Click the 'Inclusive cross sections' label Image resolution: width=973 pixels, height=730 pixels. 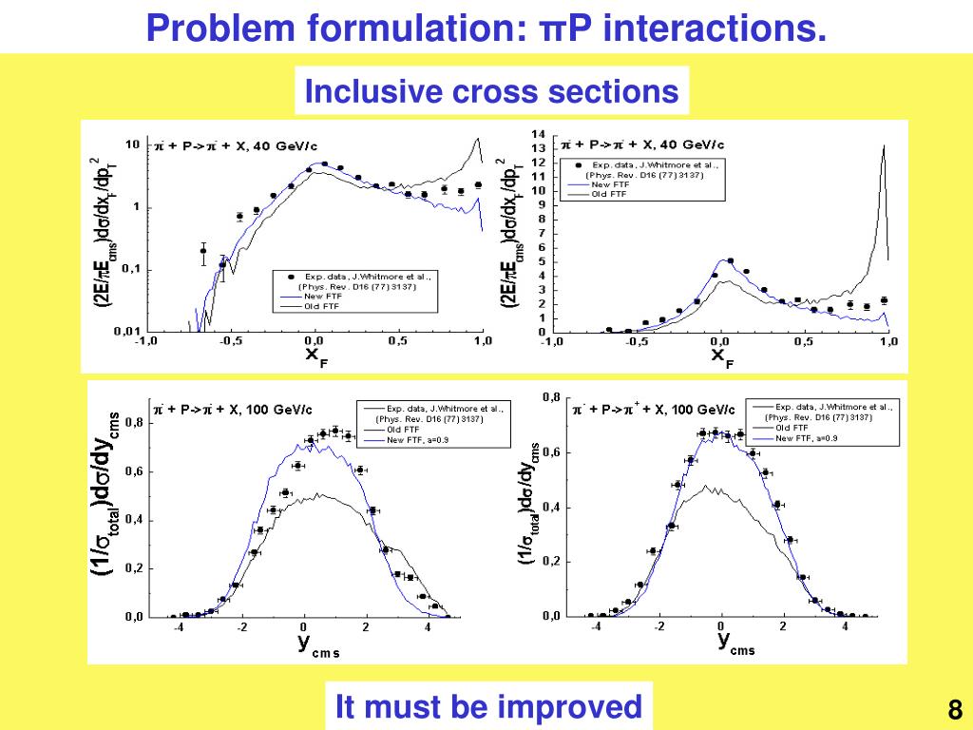(x=491, y=91)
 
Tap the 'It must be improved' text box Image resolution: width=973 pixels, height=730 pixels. (x=489, y=707)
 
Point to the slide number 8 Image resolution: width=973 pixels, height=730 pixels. (x=955, y=709)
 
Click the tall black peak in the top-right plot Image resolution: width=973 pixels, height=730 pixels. (x=884, y=152)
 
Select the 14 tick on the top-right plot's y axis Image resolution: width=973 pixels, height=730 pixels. (x=539, y=134)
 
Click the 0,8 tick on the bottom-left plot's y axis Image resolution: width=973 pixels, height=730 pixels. (x=133, y=424)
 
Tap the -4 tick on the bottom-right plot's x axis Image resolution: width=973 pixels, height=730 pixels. (x=596, y=626)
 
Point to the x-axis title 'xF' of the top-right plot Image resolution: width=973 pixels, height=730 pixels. (x=720, y=356)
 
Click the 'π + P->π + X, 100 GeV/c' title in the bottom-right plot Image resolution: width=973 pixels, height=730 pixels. (x=654, y=410)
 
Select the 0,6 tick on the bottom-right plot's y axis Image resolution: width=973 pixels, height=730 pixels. (x=551, y=451)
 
